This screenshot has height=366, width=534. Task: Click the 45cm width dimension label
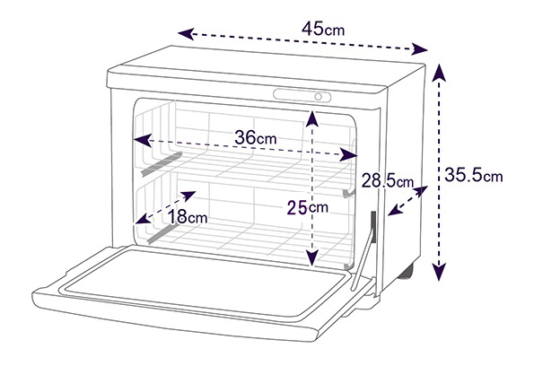coord(323,29)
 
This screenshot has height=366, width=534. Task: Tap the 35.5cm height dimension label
coord(473,175)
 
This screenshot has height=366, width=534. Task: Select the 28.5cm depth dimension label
coord(387,180)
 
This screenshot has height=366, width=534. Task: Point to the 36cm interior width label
coord(256,137)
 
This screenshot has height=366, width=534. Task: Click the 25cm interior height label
coord(308,207)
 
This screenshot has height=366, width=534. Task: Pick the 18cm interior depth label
coord(188,216)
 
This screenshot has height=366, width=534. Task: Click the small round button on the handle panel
coord(318,97)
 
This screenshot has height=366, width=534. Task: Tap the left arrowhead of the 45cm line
coord(186,34)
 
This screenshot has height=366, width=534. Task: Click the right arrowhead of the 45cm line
coord(420,49)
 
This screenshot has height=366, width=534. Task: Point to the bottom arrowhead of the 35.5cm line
coord(440,271)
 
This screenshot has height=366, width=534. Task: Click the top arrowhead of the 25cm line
coord(312,118)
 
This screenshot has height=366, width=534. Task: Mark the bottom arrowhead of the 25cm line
coord(312,257)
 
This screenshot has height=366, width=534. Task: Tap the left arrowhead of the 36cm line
coord(143,140)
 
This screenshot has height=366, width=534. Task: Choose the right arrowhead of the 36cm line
coord(348,155)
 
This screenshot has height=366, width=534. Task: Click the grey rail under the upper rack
coord(162,164)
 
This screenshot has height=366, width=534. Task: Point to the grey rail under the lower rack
coord(162,232)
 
